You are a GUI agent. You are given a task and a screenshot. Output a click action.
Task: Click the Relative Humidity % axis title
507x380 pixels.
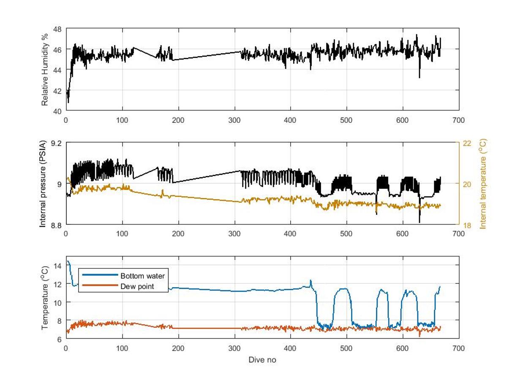pos(45,70)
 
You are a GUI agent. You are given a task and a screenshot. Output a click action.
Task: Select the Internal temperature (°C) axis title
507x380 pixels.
pos(483,184)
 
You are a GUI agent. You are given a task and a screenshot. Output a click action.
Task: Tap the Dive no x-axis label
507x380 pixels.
pos(262,360)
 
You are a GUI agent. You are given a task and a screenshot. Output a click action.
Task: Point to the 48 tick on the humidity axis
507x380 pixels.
pos(58,29)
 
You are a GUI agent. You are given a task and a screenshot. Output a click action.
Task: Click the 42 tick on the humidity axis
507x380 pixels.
pos(58,90)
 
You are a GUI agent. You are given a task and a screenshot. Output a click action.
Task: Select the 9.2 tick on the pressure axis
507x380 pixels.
pos(56,143)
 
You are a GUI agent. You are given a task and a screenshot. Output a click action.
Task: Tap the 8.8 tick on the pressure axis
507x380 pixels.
pos(56,225)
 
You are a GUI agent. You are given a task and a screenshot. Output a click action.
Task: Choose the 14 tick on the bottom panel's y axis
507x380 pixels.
pos(58,265)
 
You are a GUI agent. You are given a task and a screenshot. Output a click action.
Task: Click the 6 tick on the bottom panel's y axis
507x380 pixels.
pos(60,339)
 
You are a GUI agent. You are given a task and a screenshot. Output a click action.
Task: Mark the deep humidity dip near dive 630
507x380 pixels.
pos(420,77)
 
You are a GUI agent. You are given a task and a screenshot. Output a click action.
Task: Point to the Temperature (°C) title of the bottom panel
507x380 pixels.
pos(45,297)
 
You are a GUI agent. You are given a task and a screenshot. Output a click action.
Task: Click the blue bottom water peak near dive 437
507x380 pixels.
pos(311,280)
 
